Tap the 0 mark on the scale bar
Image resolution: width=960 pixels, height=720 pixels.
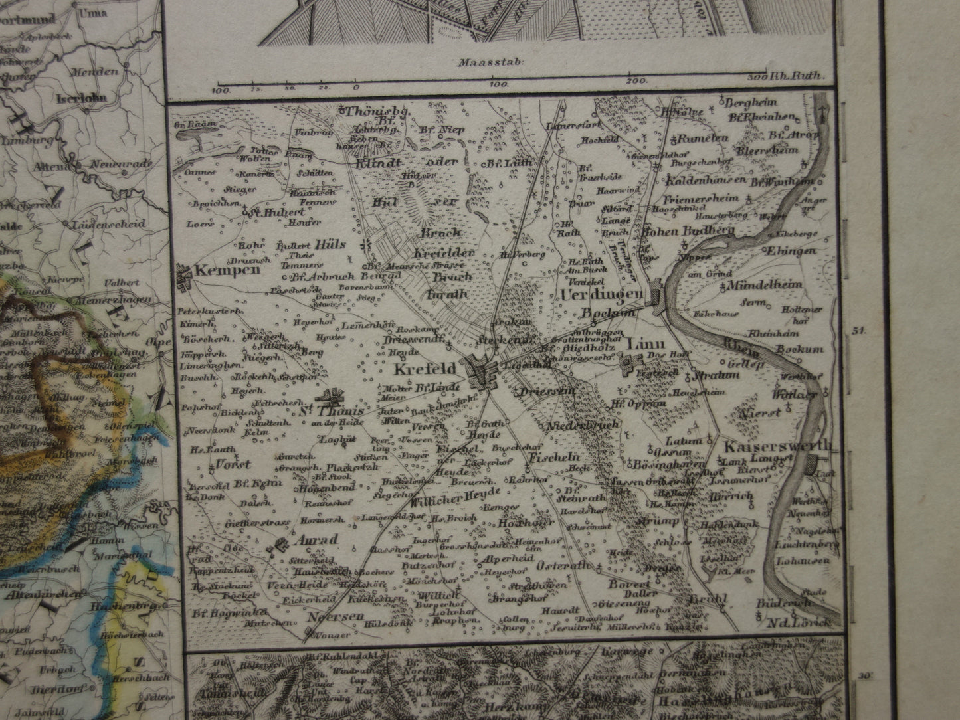pyautogui.click(x=356, y=86)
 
